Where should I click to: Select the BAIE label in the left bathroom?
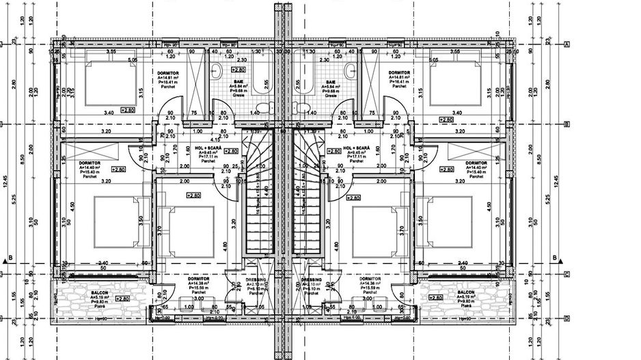[239, 81]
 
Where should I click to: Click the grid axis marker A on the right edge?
[567, 44]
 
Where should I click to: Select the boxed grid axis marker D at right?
[567, 318]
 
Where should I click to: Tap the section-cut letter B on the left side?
[11, 258]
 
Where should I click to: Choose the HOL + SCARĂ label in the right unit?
[357, 148]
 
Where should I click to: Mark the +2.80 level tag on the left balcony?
[123, 299]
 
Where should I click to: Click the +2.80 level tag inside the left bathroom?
[238, 70]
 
